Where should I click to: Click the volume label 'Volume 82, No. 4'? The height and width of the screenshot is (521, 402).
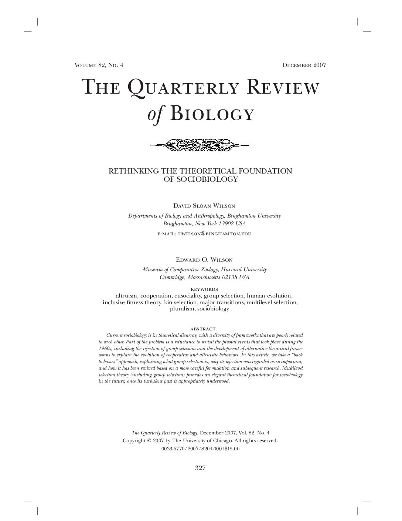point(99,65)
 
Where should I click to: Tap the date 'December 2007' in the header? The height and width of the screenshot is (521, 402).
point(304,65)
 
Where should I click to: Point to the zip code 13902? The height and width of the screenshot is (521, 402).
point(226,224)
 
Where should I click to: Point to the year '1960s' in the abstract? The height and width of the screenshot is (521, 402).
point(105,349)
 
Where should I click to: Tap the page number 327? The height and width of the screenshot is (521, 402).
point(200,468)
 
